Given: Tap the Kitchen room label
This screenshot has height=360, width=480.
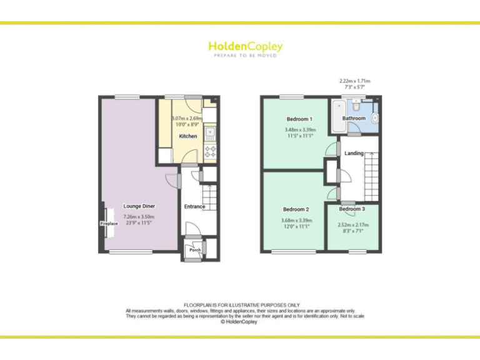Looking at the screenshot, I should [x=188, y=136].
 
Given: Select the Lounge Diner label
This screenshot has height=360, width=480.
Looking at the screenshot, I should [x=139, y=206].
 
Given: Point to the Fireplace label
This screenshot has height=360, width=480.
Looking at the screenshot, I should [x=109, y=223].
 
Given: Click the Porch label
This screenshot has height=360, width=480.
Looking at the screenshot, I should [x=196, y=250].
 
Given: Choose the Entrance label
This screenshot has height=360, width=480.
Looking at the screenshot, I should [x=194, y=207].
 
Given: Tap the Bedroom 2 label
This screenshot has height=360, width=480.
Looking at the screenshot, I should [x=296, y=209].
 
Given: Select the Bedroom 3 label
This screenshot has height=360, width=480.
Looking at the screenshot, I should [x=352, y=209].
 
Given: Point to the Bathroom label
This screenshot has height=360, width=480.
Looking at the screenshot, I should [x=354, y=118].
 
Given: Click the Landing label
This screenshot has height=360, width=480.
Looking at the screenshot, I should [x=354, y=153].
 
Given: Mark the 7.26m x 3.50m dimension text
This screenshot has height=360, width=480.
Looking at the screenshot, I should [x=139, y=217].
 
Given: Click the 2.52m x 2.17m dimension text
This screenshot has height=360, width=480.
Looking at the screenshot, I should [x=353, y=225].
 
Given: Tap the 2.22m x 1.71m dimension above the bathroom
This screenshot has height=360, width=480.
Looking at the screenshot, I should [x=354, y=81].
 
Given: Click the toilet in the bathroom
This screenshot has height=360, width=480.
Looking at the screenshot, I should [x=374, y=117].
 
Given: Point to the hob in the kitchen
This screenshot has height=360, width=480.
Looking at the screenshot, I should [x=211, y=149].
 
